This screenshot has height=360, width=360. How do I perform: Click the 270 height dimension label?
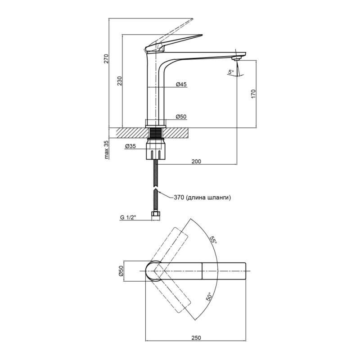(x=106, y=59)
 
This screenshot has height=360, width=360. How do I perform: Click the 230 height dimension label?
(x=120, y=81)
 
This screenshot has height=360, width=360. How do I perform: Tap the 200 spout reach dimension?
(x=196, y=161)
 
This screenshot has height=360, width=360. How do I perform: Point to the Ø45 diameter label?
(x=181, y=84)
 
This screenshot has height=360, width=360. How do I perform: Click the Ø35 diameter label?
(x=130, y=146)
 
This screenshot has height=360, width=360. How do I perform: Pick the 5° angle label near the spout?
(x=230, y=72)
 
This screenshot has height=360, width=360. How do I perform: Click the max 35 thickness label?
(x=107, y=150)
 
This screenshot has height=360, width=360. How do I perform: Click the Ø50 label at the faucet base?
(x=181, y=117)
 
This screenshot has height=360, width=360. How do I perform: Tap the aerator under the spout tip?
(x=235, y=58)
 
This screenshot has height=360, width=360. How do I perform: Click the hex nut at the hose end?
(x=156, y=216)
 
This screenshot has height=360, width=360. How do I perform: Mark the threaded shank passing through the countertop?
(x=156, y=132)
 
